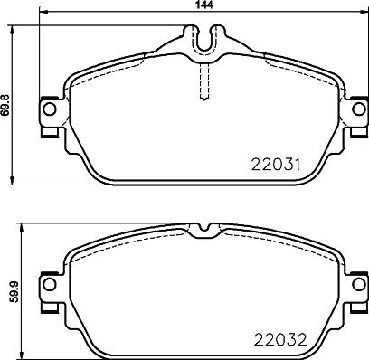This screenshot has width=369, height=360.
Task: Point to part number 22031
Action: [x=275, y=165]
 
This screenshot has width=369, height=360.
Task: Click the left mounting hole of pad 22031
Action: [x=51, y=110]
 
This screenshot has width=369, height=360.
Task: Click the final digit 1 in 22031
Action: [x=296, y=165]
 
